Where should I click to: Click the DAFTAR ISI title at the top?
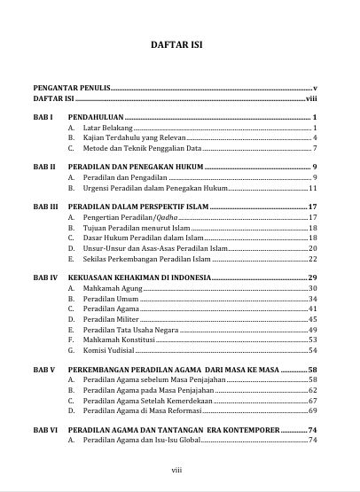click(x=180, y=44)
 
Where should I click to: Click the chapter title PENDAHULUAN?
click(x=96, y=117)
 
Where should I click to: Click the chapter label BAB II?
click(x=45, y=167)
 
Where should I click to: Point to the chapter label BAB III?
click(x=46, y=206)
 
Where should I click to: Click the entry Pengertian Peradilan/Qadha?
click(x=125, y=217)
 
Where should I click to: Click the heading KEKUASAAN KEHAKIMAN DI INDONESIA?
click(x=138, y=277)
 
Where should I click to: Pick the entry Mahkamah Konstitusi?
click(x=118, y=340)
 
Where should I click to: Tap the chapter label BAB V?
click(x=44, y=369)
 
